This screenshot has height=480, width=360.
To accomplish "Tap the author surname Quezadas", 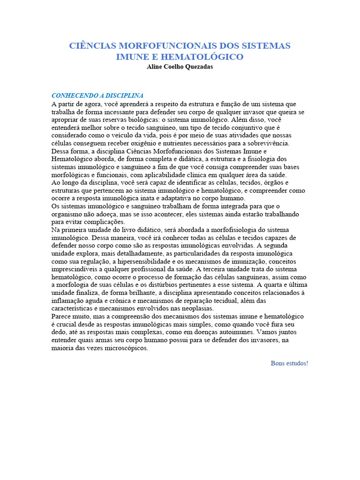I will (x=197, y=67).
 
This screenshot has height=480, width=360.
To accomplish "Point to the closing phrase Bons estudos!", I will (x=289, y=363).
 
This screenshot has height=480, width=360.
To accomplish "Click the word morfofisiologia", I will (x=223, y=230).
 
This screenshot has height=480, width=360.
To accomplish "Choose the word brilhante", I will (x=132, y=293).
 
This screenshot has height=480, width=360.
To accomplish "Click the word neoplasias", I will (x=197, y=309).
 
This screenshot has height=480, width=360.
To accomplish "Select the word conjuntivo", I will (x=247, y=127).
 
